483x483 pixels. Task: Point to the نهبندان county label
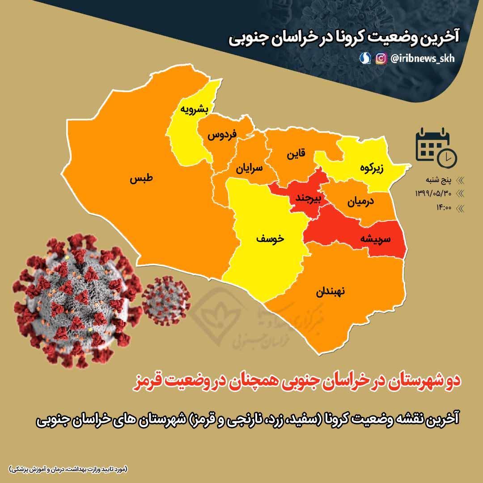[x=331, y=292]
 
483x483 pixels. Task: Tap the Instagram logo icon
[x=381, y=59]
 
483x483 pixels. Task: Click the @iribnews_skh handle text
[x=422, y=59]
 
